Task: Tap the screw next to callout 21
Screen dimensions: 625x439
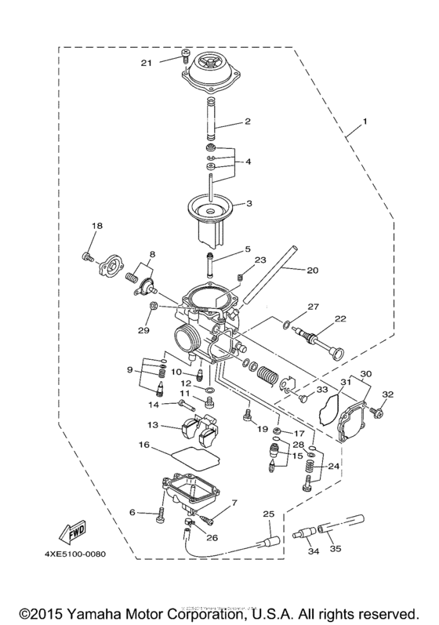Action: pos(184,56)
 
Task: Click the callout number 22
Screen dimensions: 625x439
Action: pos(340,318)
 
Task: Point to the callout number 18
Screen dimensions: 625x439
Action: pos(97,227)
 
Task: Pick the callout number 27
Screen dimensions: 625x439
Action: pos(313,307)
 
